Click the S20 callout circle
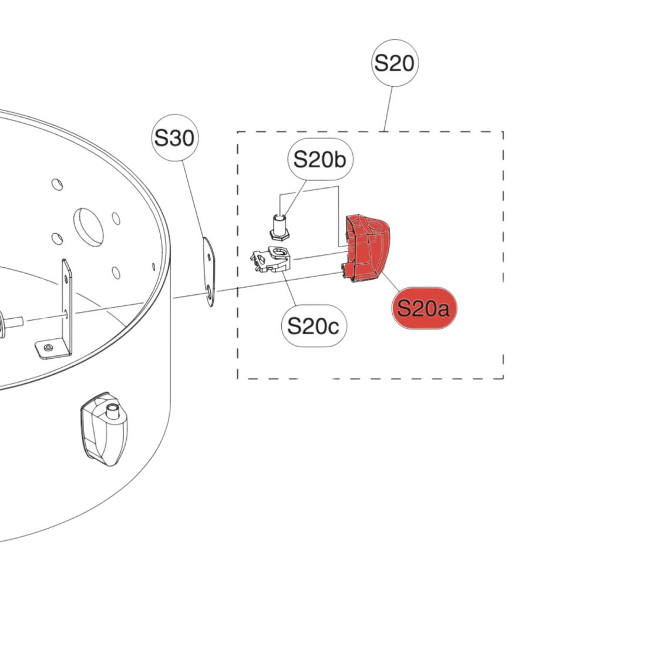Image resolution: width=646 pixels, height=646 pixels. [395, 63]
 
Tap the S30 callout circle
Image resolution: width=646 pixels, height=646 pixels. [174, 137]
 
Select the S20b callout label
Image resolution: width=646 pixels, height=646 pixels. [320, 159]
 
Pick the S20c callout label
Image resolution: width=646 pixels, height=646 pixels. [314, 326]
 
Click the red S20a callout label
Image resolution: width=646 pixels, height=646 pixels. [424, 308]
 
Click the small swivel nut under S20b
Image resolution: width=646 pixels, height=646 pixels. [280, 227]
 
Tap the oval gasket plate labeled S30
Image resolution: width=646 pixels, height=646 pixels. [209, 271]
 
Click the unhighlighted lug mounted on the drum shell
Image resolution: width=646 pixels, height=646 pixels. [104, 429]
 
